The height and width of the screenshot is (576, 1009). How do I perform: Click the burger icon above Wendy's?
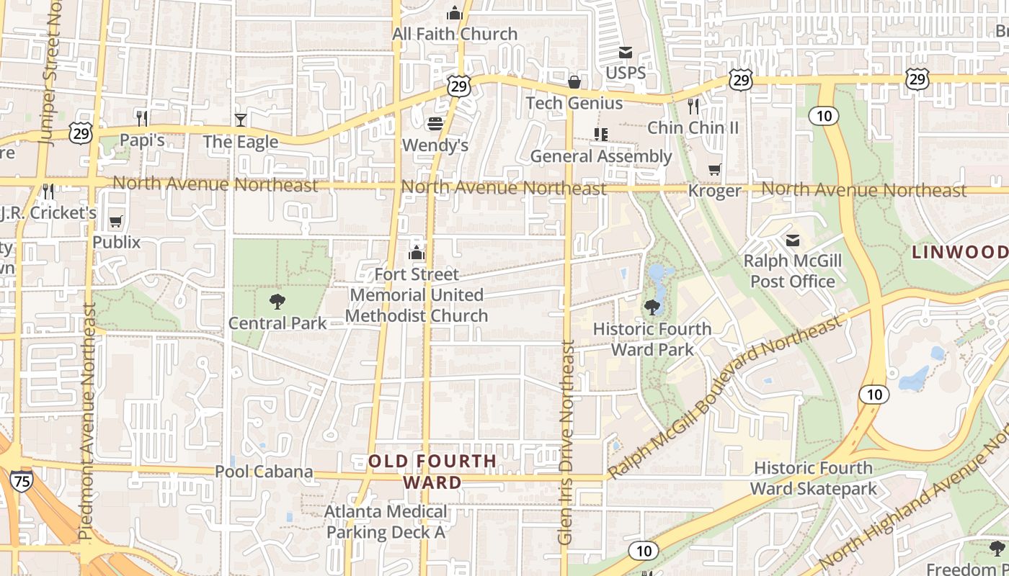pos(435,124)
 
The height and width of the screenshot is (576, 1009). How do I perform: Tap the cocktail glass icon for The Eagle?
pos(241,120)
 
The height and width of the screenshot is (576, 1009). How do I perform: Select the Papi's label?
pos(142,140)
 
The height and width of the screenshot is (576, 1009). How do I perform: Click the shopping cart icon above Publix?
pos(116,221)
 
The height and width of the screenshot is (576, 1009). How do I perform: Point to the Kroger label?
pos(714,191)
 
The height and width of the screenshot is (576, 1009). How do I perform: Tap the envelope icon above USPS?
pos(626,53)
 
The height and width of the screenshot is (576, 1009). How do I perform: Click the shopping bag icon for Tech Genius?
pos(574,82)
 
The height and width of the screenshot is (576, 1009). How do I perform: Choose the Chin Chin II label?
pos(693,127)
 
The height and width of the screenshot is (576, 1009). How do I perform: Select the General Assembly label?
pos(600,156)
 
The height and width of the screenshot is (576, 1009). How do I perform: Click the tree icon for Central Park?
pos(277,302)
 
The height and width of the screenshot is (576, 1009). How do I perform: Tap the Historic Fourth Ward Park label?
pos(652,339)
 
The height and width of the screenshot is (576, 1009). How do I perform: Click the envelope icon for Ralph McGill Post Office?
pos(793,240)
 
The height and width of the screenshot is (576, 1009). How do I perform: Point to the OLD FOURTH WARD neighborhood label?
pos(432,472)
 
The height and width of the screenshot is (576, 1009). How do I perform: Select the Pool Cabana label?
pos(264,472)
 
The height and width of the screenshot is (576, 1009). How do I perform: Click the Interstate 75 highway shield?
pos(22,481)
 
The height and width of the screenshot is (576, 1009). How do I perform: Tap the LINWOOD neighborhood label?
pos(959,252)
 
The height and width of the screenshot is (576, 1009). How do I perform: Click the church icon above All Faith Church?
pos(454,13)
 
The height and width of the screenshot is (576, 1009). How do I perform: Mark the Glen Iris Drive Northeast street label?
pos(566,442)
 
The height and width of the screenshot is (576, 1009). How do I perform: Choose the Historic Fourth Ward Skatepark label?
pos(813,478)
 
